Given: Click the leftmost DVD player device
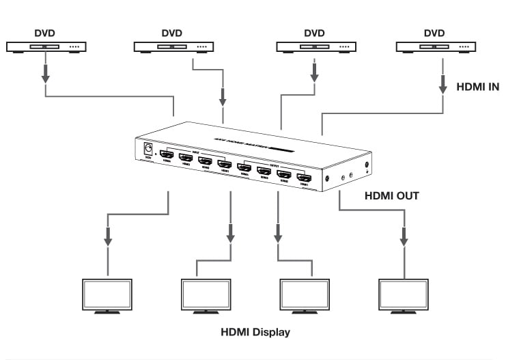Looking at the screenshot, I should (x=45, y=46).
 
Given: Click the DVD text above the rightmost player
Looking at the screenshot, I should (x=434, y=33).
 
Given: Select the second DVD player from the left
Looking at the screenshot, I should (x=172, y=46).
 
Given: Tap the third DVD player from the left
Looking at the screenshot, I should (x=315, y=46).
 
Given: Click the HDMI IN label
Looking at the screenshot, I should (x=477, y=87).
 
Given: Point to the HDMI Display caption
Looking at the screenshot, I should (x=255, y=333).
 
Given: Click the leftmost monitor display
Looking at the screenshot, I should (x=108, y=294).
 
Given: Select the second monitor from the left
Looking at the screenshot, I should (x=206, y=294).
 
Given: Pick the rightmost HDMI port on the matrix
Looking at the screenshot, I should (x=303, y=179).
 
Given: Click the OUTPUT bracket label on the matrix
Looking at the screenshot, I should (x=273, y=162).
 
